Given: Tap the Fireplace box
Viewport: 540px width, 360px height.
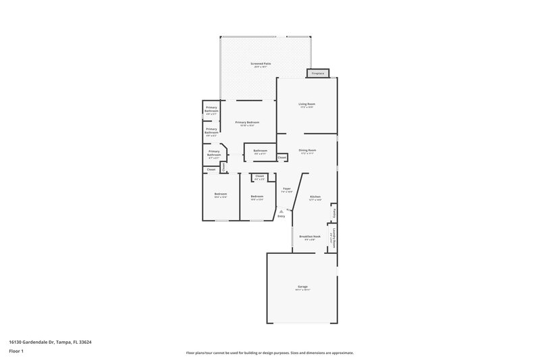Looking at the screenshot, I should coord(317,73).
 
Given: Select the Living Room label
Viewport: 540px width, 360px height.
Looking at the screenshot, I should coord(307,103).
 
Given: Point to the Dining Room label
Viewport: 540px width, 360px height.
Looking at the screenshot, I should coord(308,150).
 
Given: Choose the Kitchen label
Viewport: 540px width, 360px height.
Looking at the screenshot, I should coord(315,197).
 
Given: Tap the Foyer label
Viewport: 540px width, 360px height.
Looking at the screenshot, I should coord(286,188).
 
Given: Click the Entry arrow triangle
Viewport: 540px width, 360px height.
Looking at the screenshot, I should coord(281,211).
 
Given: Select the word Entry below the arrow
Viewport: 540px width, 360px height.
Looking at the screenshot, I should coord(281,216).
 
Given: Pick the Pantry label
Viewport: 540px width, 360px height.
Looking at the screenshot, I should coord(333,213).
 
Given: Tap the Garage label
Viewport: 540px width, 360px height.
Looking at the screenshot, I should coord(302,286).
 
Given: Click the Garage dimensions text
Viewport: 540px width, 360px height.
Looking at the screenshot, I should coord(302,290).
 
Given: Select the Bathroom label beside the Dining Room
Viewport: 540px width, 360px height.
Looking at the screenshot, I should coord(261,150).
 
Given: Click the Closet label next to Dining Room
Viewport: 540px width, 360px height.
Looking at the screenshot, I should coord(281,157).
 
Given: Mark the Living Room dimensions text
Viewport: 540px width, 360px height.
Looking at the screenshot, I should coord(307,107).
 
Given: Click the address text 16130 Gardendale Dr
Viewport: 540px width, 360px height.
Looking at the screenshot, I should coord(51,342).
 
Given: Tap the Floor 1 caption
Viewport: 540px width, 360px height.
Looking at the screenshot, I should coord(17,352).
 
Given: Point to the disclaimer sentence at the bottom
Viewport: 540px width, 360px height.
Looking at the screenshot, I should coord(270,353).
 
